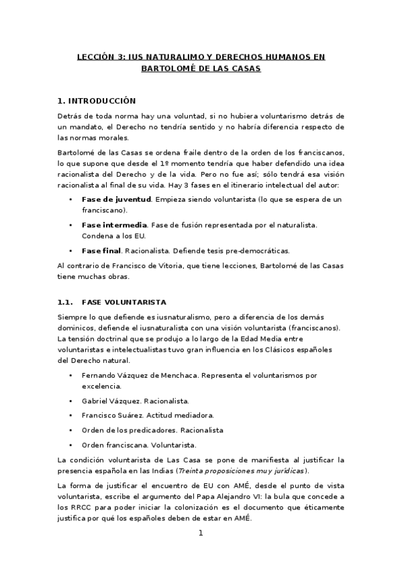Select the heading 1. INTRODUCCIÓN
97,101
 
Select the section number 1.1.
65,302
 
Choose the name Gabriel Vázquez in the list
109,400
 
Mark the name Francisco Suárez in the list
111,415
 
